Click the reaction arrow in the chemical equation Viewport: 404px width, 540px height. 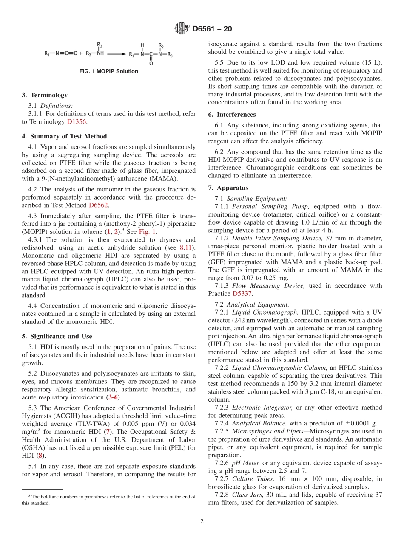[116, 54]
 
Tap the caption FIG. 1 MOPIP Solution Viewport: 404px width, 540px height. [108, 71]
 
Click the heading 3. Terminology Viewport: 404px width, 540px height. [45, 95]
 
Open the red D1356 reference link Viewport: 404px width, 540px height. [77, 121]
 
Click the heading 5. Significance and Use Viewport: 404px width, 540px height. [57, 336]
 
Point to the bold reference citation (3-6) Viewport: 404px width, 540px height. [113, 397]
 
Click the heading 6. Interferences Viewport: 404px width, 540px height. [232, 115]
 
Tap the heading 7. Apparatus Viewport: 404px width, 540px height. [228, 188]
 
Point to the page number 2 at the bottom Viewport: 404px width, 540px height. [202, 521]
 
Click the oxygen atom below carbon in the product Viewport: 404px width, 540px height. [151, 63]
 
